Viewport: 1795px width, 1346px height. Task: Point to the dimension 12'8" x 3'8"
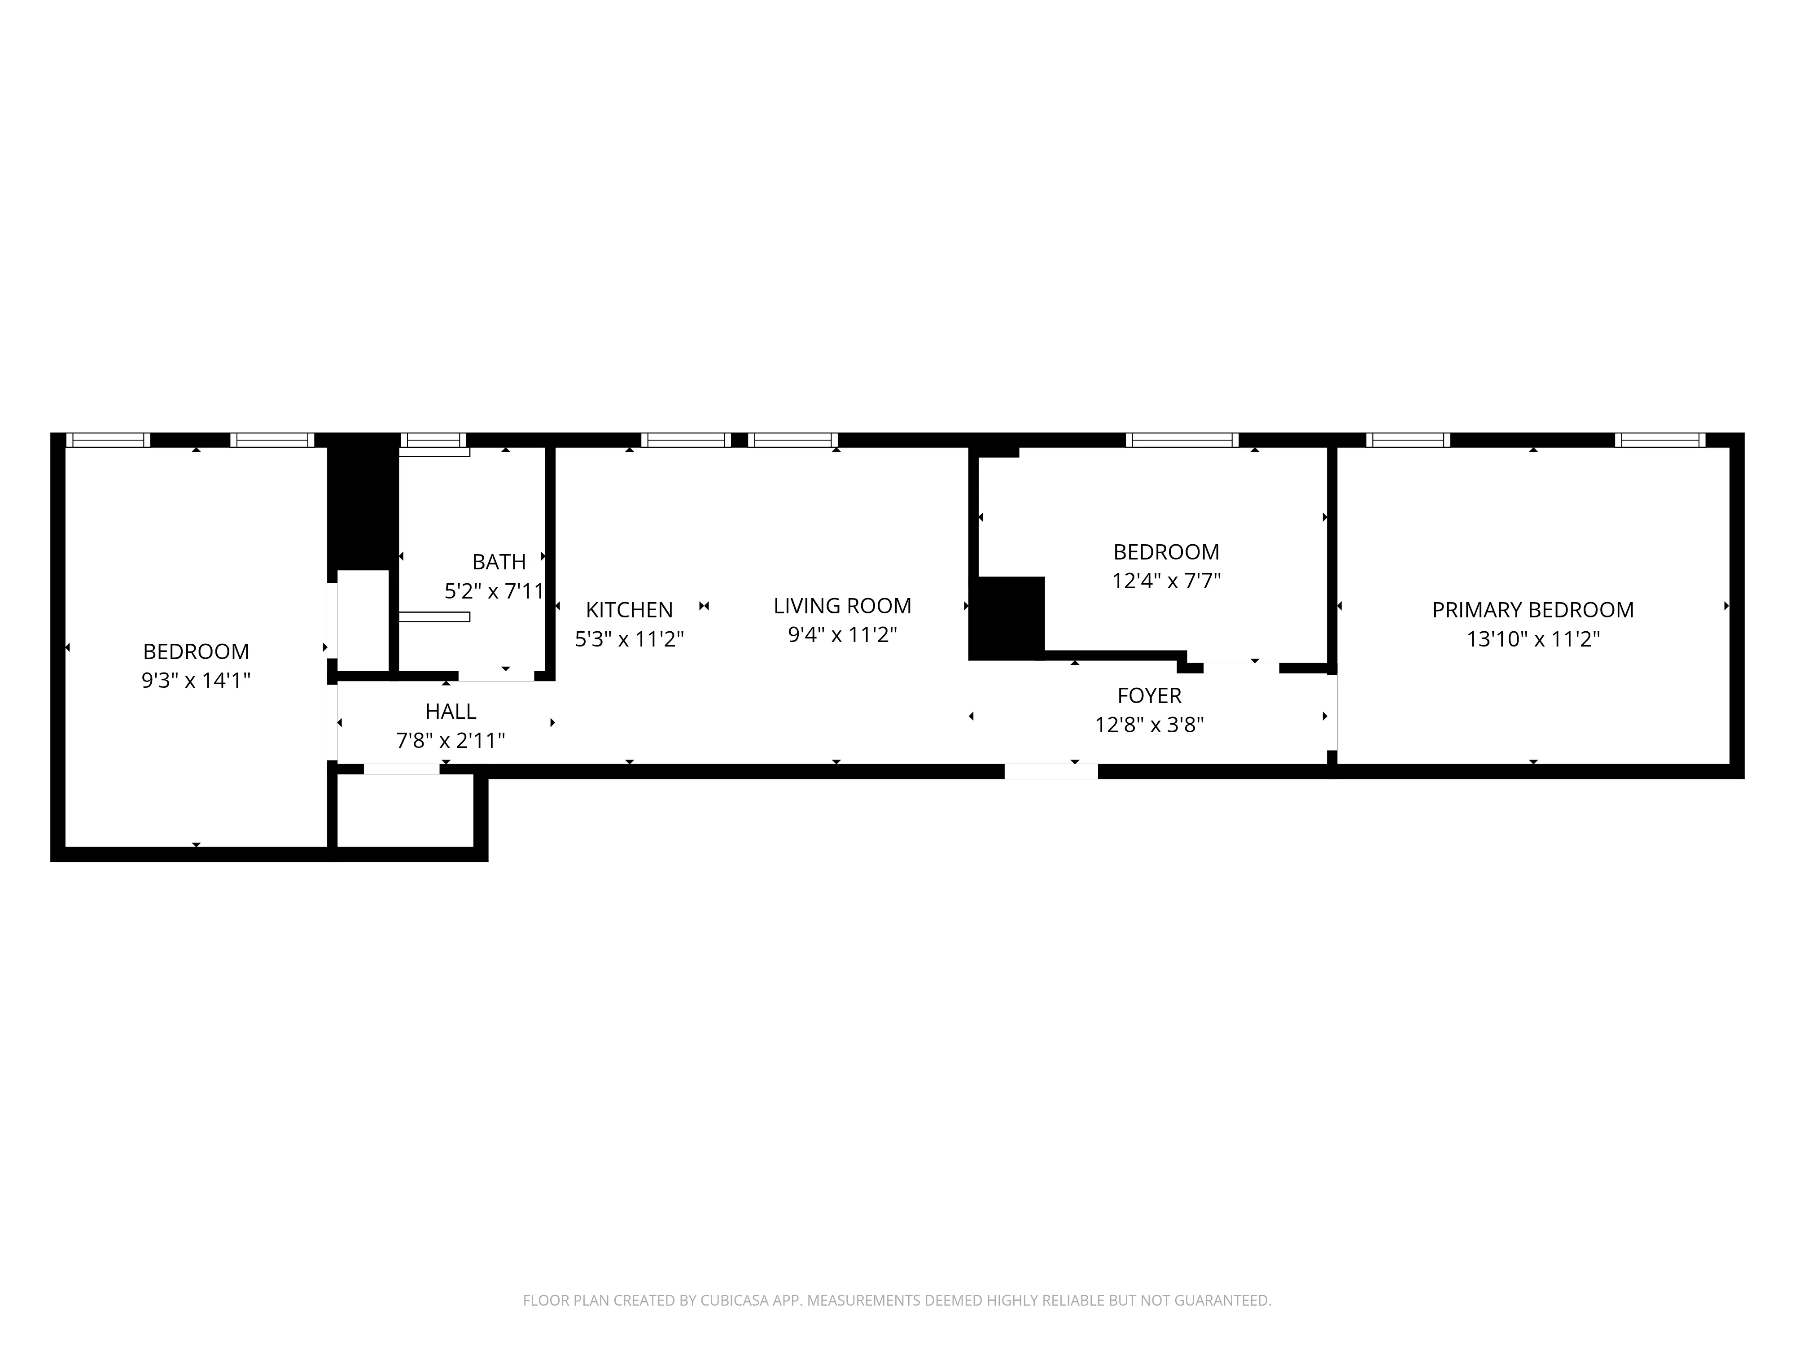1149,725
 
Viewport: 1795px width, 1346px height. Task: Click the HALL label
451,712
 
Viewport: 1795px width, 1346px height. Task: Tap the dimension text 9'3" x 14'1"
196,680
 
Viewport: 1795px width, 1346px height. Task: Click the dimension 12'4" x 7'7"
1166,581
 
